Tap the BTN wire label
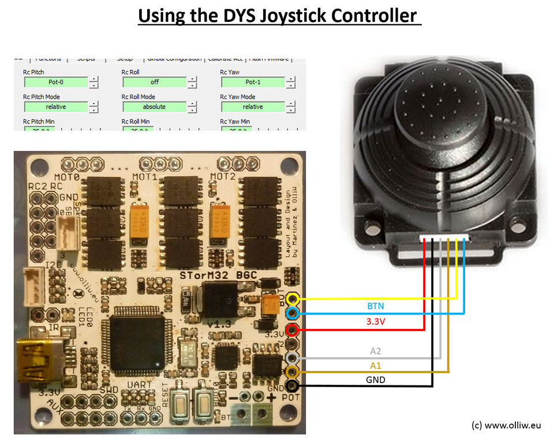(375, 306)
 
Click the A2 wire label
(375, 350)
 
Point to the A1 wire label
(375, 365)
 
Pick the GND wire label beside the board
(375, 380)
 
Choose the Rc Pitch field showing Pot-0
(56, 83)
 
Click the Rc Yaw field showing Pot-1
(253, 83)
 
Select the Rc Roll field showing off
(154, 83)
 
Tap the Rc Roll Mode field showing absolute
(154, 107)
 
